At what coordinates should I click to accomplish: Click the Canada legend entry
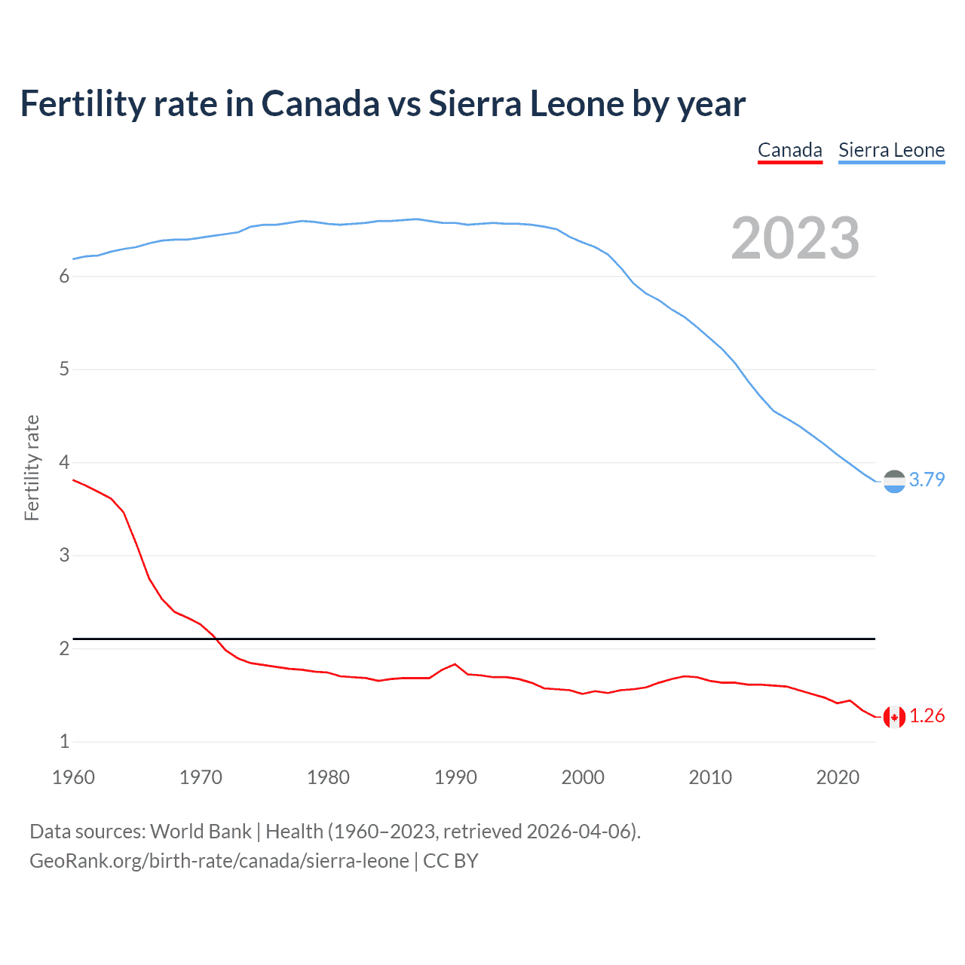coord(789,150)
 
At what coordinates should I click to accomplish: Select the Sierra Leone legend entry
coord(891,150)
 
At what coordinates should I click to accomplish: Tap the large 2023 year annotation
coord(795,238)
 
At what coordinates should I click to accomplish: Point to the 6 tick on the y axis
coord(64,277)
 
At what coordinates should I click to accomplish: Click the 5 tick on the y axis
coord(64,369)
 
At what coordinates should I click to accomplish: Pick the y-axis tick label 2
coord(64,648)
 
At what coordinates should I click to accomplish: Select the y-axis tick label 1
coord(64,741)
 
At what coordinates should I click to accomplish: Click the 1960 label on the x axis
coord(73,777)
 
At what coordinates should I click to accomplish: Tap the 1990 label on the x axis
coord(455,777)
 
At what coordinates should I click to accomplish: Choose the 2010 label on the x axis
coord(710,777)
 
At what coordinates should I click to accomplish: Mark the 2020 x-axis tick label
coord(838,777)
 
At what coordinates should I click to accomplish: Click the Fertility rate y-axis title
coord(32,467)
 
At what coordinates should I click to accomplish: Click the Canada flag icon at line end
coord(894,717)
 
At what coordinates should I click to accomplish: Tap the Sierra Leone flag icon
coord(894,481)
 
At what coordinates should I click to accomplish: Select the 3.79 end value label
coord(927,480)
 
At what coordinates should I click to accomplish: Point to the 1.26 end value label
coord(927,716)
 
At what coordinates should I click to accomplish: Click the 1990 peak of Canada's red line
coord(455,664)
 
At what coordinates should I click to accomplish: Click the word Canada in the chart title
coord(320,104)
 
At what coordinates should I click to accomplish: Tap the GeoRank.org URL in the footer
coord(219,861)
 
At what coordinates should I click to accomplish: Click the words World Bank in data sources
coord(201,832)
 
